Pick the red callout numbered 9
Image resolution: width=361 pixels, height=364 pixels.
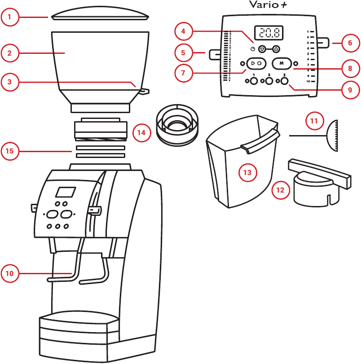click(349, 89)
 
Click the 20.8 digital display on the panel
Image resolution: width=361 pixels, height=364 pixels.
click(269, 32)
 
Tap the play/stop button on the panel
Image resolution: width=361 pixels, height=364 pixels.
click(256, 63)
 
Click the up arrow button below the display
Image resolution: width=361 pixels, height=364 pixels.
click(276, 49)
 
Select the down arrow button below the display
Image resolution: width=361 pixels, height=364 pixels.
click(263, 49)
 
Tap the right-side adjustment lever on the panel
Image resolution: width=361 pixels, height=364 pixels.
click(323, 44)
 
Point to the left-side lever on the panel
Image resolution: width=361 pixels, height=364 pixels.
click(214, 54)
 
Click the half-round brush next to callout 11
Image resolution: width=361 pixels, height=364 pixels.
click(333, 135)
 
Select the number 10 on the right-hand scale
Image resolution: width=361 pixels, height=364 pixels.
click(308, 81)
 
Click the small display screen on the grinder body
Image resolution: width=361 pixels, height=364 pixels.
click(65, 192)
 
